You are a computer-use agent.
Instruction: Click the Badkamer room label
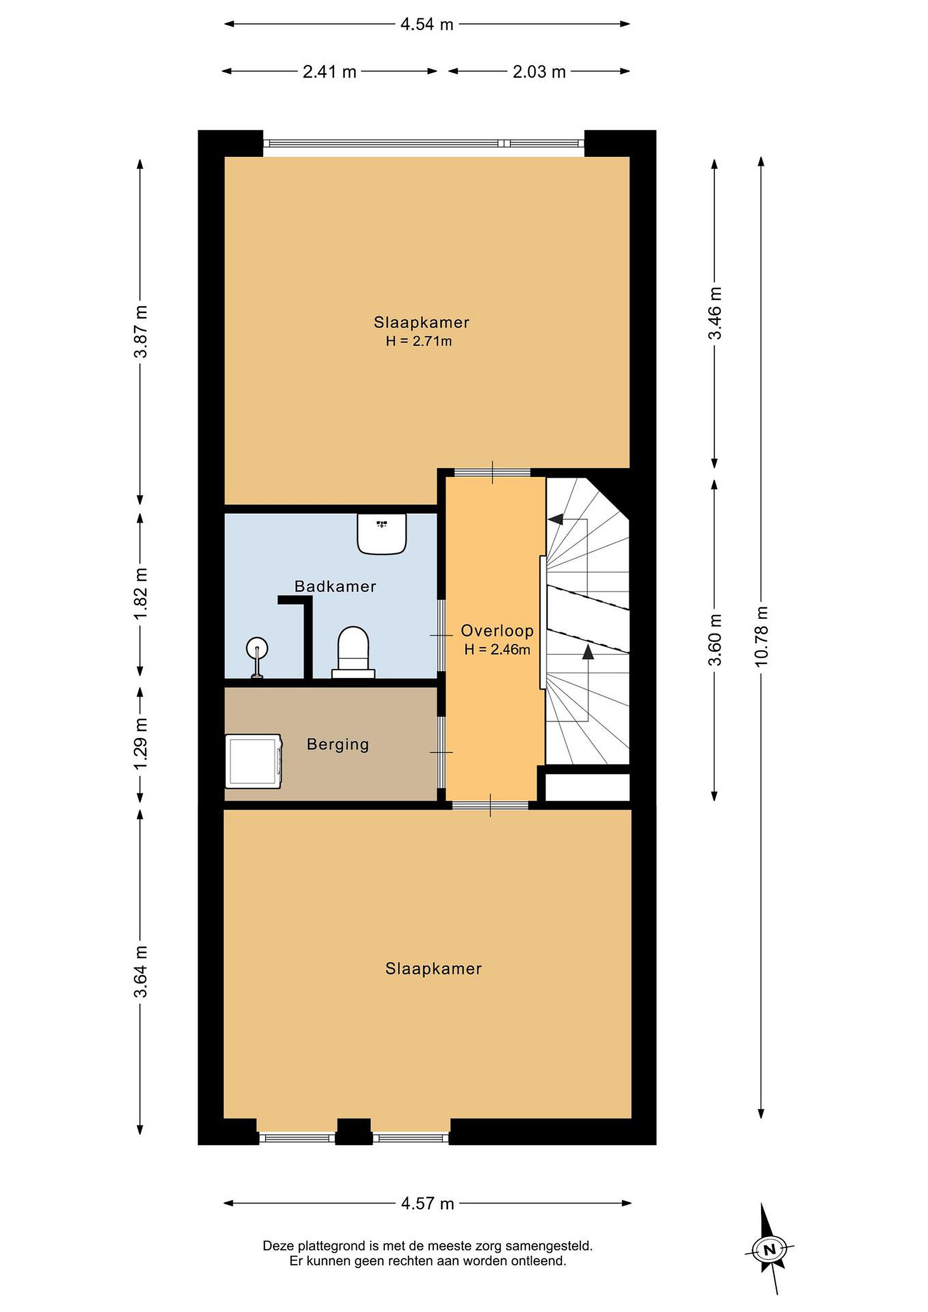coord(335,586)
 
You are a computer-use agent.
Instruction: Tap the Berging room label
coord(338,744)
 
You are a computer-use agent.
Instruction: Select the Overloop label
coord(497,631)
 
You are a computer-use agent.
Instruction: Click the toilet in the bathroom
coord(353,652)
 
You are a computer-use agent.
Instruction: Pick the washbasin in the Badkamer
coord(382,533)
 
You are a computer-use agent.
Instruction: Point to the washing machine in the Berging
coord(253,761)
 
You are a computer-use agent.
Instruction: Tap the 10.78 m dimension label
coord(761,636)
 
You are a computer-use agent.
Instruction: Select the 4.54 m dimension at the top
coord(427,25)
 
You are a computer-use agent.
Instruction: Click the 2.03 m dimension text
coord(539,72)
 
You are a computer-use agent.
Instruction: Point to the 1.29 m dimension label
coord(141,743)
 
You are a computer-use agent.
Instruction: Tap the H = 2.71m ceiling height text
coord(419,342)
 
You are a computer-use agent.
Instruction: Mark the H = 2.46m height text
coord(497,650)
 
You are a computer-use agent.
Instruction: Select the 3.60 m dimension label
coord(715,640)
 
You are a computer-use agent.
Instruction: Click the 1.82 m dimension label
coord(141,593)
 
